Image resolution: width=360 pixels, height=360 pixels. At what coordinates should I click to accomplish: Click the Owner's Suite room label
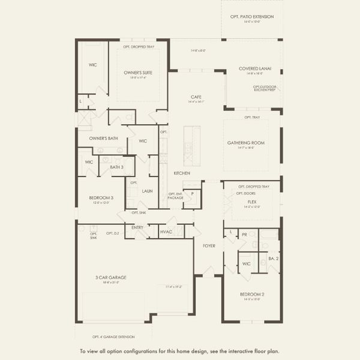pos(138,73)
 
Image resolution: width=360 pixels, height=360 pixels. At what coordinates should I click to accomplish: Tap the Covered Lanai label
pos(255,68)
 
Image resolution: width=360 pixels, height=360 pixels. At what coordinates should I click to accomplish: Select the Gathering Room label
pos(246,143)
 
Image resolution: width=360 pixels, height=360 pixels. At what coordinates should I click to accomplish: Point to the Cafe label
pos(196,97)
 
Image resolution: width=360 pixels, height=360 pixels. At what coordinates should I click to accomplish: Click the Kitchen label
pos(182,173)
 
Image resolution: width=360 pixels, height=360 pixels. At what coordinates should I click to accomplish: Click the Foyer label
pos(209,245)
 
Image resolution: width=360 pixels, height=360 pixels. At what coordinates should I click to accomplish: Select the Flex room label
pos(252,202)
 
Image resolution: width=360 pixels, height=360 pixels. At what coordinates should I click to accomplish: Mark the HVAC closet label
pos(166,231)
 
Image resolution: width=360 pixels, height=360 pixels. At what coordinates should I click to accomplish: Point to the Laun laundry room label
pos(147,191)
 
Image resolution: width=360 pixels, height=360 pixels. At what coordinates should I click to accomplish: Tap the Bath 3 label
pos(116,167)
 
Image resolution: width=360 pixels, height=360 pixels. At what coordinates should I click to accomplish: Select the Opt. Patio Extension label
pos(252,17)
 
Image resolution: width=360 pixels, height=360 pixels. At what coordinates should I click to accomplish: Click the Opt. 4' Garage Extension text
pos(113,337)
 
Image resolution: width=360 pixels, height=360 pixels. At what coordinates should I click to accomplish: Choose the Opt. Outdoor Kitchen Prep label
pos(265,88)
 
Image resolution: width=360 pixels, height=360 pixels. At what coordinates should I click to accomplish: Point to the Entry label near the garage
pos(137,227)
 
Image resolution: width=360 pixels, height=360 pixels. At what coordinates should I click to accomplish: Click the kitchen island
pos(191,146)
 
